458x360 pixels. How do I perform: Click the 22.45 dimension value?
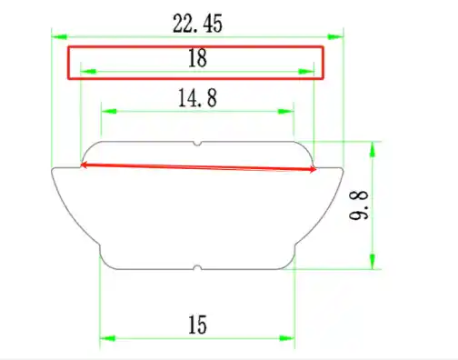(x=197, y=23)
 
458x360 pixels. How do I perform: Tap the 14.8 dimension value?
(x=197, y=97)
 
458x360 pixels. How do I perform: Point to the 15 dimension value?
(x=197, y=325)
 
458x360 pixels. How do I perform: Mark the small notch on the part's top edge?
(x=197, y=144)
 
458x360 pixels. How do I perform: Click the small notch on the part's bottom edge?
(x=197, y=267)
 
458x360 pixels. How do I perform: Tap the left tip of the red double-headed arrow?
(x=83, y=165)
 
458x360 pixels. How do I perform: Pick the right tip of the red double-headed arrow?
(x=317, y=169)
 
